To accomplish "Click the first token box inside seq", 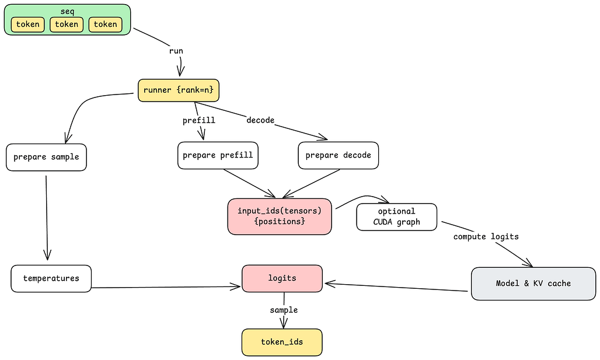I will tap(27, 25).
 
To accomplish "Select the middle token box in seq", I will tap(67, 25).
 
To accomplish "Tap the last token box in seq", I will tap(106, 25).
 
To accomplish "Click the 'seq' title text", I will tap(67, 11).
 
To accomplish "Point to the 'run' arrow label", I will tap(176, 51).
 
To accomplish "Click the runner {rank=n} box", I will tap(179, 90).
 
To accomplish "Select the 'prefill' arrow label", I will tap(199, 120).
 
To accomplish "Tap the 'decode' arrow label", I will tap(260, 120).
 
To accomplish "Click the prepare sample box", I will tap(47, 157).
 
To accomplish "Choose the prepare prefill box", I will tap(218, 155).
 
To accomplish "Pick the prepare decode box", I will tap(338, 155).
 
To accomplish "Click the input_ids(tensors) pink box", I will tap(280, 216).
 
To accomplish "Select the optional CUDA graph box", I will tap(396, 216).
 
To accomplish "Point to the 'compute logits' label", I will tap(486, 237).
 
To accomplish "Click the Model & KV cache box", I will tap(533, 284).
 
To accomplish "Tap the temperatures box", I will tap(51, 278).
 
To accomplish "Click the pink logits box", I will tap(282, 278).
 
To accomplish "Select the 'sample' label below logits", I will tap(284, 310).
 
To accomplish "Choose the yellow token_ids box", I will tap(282, 342).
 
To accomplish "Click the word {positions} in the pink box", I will tap(280, 222).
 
